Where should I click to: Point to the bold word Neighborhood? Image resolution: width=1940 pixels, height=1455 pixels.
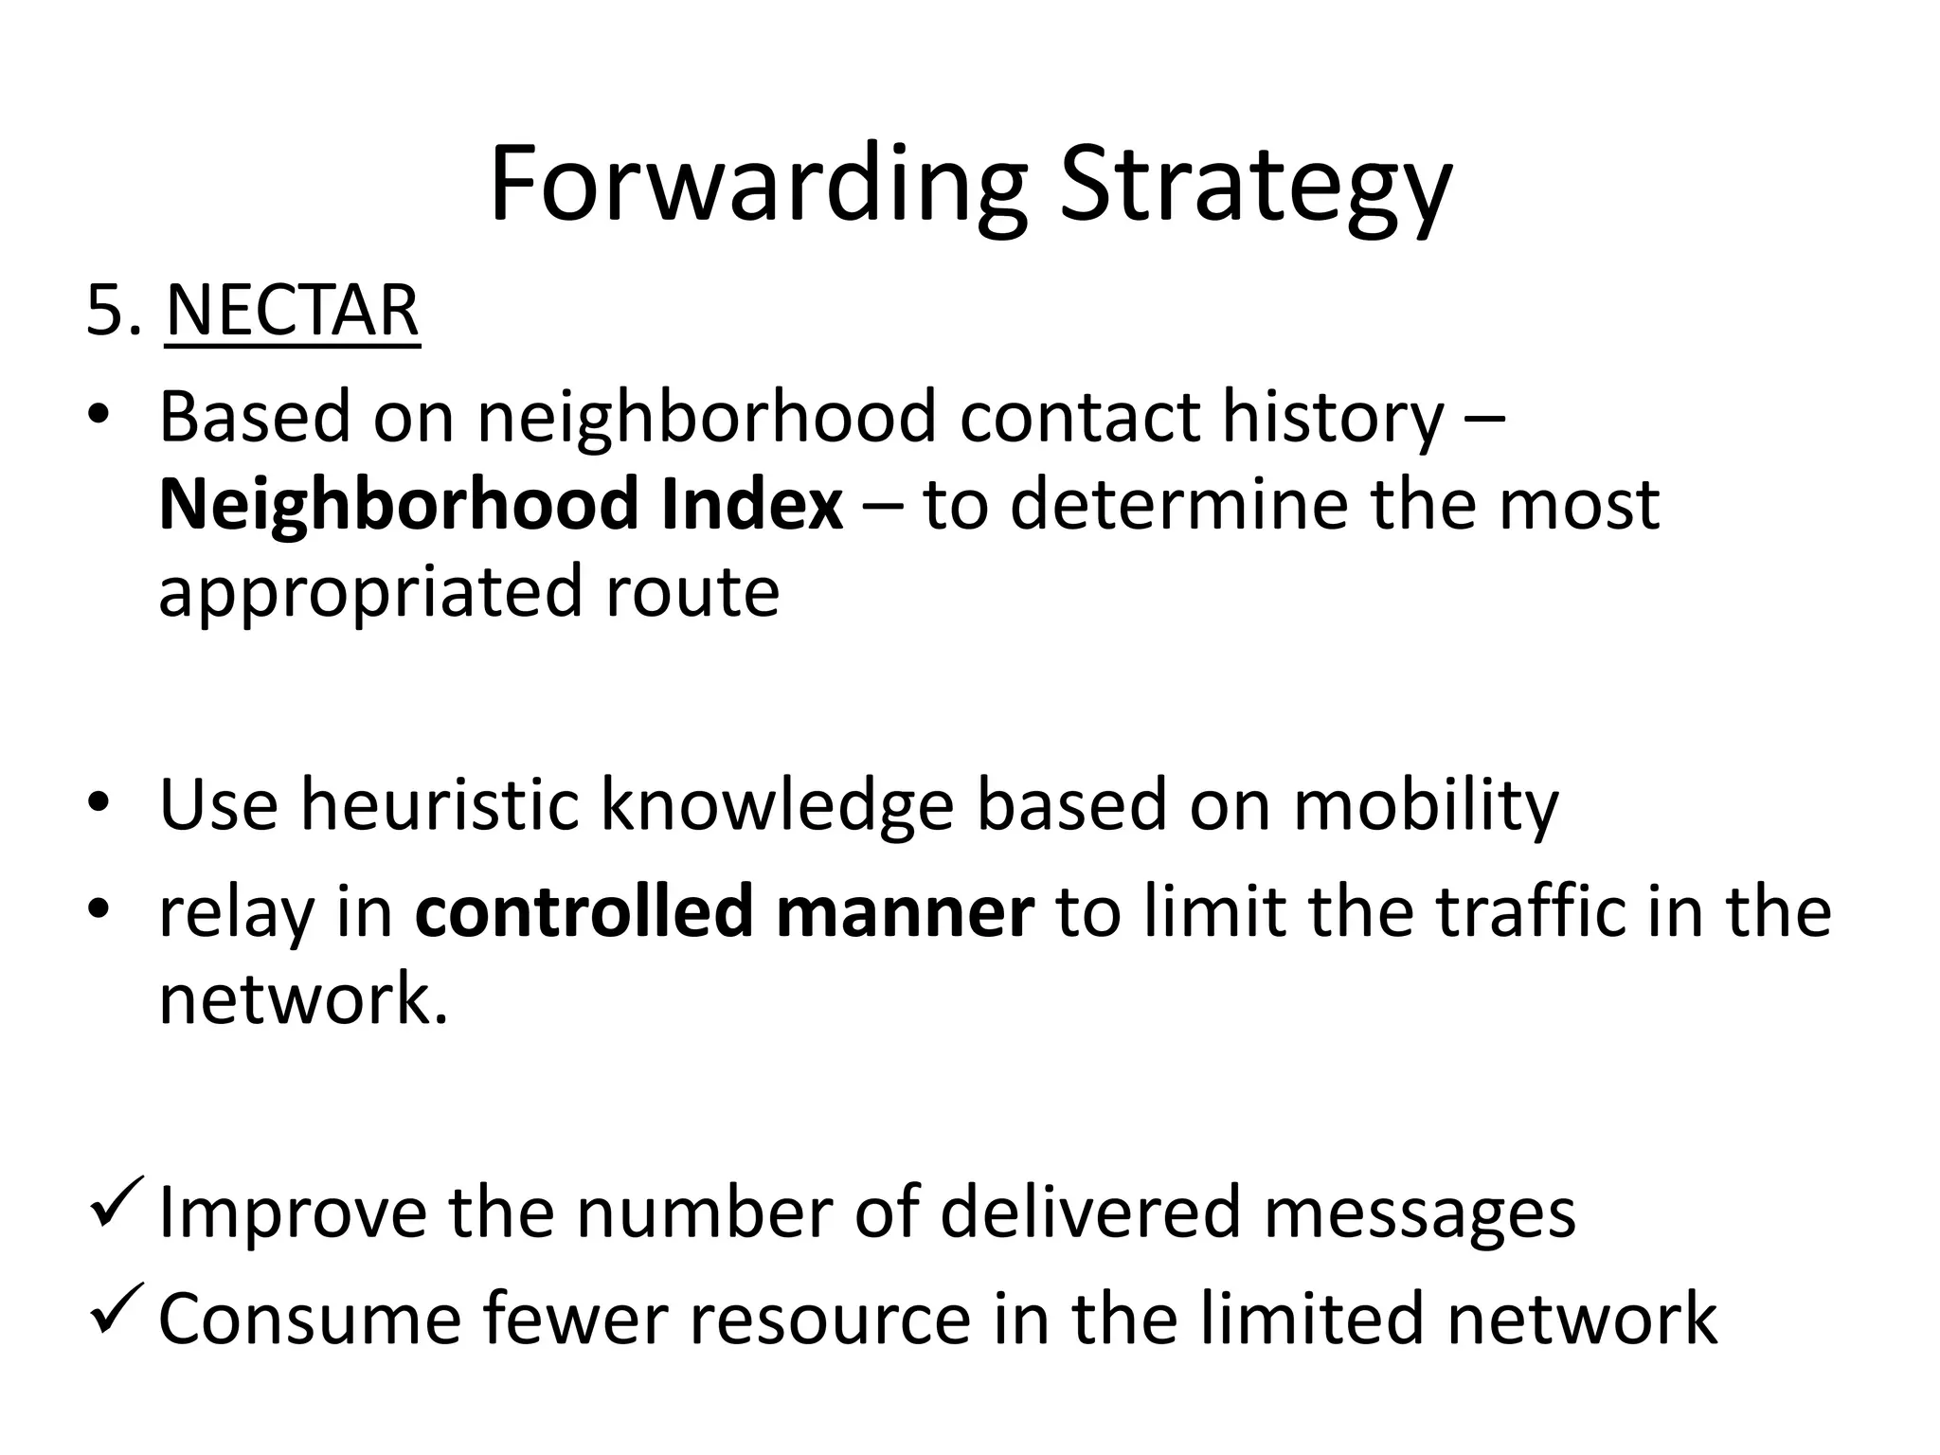tap(399, 504)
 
